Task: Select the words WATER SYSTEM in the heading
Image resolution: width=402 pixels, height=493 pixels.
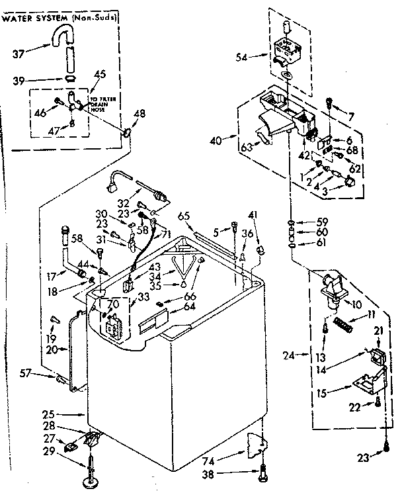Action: click(x=33, y=17)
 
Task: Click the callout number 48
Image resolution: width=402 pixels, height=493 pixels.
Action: click(x=140, y=114)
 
